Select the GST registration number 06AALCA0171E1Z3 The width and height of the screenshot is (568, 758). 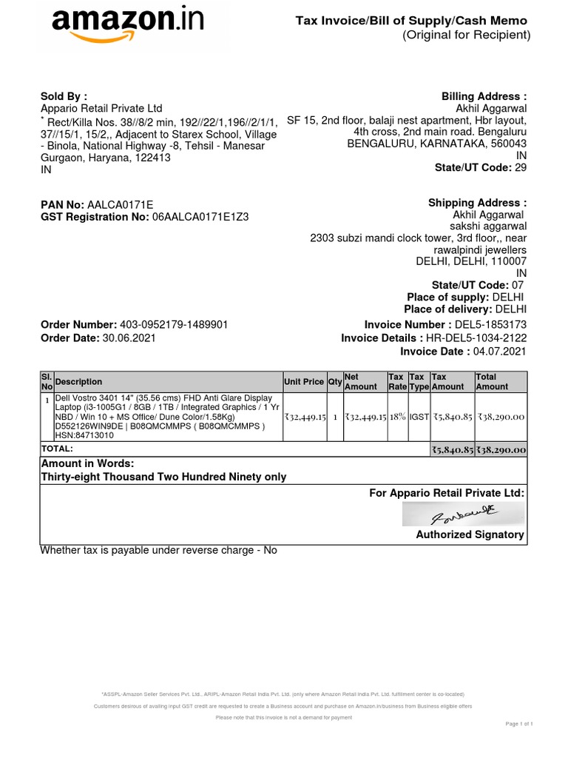click(x=200, y=217)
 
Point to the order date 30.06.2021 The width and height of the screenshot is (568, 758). click(x=129, y=338)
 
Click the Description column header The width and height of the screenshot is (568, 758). click(x=79, y=382)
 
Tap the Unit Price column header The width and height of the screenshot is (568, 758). click(x=304, y=382)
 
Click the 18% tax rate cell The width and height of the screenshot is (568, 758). click(x=397, y=417)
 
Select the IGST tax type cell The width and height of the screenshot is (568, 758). click(x=419, y=417)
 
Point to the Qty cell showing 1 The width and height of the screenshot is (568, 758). click(x=335, y=417)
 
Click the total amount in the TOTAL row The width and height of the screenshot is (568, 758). click(x=501, y=449)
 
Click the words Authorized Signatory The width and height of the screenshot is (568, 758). click(x=470, y=534)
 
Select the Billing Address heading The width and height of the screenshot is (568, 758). click(x=484, y=96)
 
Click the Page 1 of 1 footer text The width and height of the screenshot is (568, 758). click(x=518, y=723)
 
